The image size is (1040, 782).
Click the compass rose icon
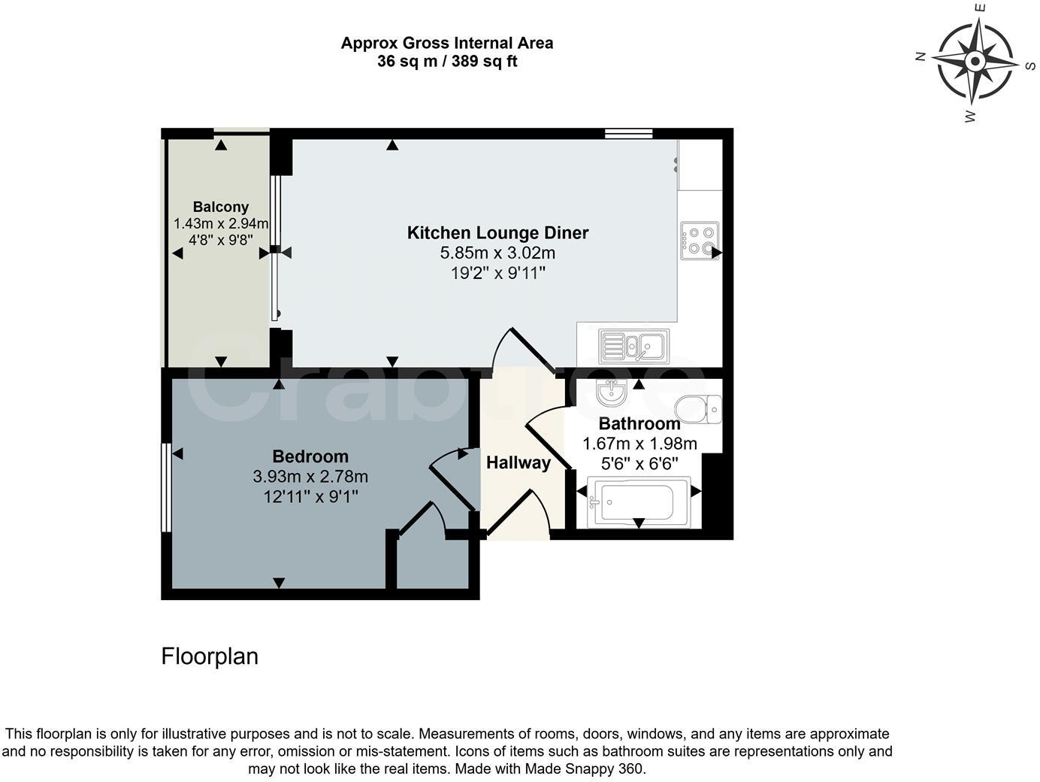pyautogui.click(x=975, y=60)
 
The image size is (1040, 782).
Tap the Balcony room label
pyautogui.click(x=220, y=207)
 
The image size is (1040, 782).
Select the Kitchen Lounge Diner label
pyautogui.click(x=497, y=233)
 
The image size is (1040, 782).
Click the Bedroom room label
pyautogui.click(x=310, y=456)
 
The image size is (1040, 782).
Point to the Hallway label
pyautogui.click(x=518, y=463)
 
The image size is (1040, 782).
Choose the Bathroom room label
pyautogui.click(x=639, y=423)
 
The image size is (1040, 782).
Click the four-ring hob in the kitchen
pyautogui.click(x=700, y=241)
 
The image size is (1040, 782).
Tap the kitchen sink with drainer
pyautogui.click(x=633, y=347)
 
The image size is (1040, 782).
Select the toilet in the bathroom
pyautogui.click(x=698, y=410)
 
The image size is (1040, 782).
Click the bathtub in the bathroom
pyautogui.click(x=637, y=502)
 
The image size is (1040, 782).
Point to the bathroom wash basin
pyautogui.click(x=610, y=391)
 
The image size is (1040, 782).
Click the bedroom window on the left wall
pyautogui.click(x=165, y=487)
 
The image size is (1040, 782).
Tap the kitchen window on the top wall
pyautogui.click(x=628, y=134)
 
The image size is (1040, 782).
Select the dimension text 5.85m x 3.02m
pyautogui.click(x=497, y=253)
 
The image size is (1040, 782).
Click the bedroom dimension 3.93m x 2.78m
pyautogui.click(x=310, y=477)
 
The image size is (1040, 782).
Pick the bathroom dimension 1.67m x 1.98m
pyautogui.click(x=639, y=444)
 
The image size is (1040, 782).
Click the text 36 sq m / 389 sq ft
pyautogui.click(x=447, y=62)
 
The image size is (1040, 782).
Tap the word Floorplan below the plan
pyautogui.click(x=210, y=656)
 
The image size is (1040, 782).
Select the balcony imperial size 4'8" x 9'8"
pyautogui.click(x=220, y=241)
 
